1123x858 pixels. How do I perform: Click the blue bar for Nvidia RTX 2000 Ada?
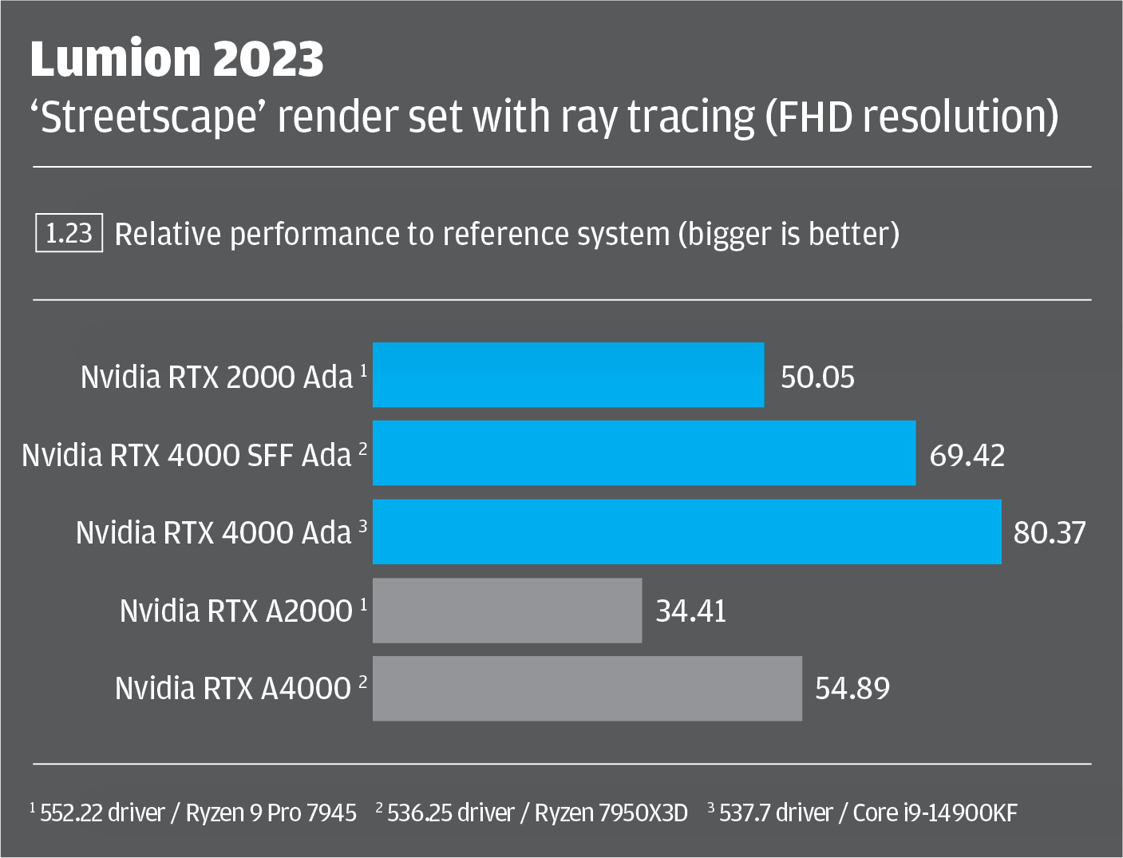[567, 375]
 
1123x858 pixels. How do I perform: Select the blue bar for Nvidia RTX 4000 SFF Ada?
[643, 453]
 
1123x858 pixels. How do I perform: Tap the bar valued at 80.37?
[686, 532]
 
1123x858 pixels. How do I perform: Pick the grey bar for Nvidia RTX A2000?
[507, 611]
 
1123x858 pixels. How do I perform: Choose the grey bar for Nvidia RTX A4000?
[587, 689]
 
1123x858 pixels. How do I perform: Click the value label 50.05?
[817, 377]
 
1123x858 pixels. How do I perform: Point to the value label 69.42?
[967, 455]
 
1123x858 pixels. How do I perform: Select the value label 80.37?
[1050, 532]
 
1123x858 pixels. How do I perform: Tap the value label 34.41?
[691, 611]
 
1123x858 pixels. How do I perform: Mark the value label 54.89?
[852, 688]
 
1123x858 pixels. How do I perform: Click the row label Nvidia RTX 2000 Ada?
[216, 377]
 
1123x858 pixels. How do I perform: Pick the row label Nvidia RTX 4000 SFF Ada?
[187, 455]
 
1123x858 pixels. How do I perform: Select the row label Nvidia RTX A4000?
[233, 688]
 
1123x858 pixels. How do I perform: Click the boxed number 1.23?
[69, 233]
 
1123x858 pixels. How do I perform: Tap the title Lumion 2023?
[177, 58]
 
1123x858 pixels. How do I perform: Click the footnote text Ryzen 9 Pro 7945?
[271, 813]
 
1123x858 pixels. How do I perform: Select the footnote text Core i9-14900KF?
[935, 813]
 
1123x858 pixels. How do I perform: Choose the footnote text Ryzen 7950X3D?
[611, 813]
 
